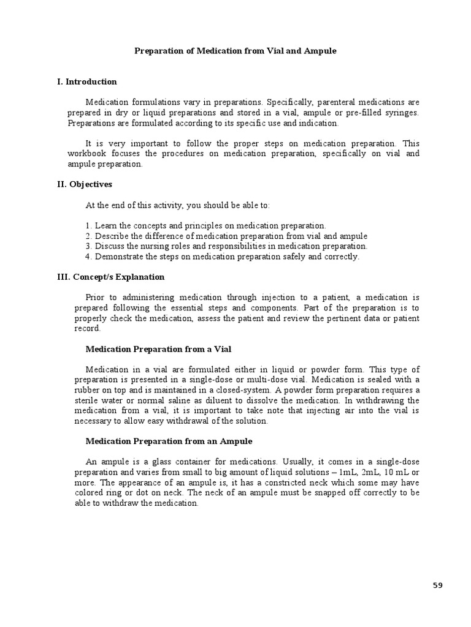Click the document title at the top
coord(235,51)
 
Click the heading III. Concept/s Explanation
coord(110,277)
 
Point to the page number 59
coord(437,585)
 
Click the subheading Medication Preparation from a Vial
coord(158,349)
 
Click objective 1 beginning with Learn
coord(206,226)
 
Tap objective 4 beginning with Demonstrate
coord(222,257)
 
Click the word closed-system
coord(241,391)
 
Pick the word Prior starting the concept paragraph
coord(96,298)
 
